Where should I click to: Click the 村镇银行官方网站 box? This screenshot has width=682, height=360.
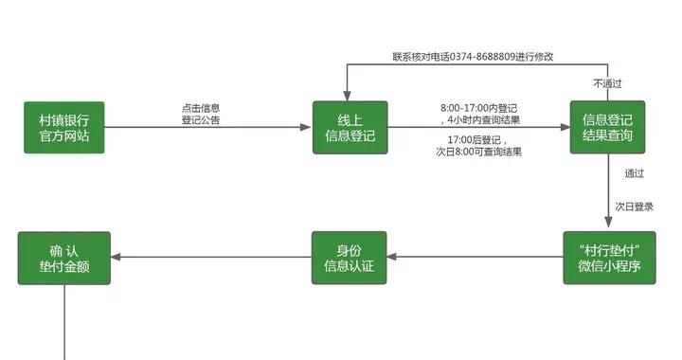click(64, 128)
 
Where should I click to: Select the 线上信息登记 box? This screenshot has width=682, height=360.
click(350, 128)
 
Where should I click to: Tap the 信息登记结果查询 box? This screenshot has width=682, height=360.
click(607, 128)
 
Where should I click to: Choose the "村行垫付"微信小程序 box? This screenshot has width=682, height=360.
click(609, 258)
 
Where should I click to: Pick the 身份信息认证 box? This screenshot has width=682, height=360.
click(350, 258)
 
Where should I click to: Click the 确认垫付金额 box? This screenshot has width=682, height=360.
click(64, 258)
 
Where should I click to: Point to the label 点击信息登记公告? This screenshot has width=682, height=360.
click(201, 115)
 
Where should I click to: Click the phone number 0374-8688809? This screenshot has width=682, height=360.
click(480, 57)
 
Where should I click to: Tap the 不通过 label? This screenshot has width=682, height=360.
click(607, 83)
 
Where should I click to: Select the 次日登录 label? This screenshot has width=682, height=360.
click(634, 206)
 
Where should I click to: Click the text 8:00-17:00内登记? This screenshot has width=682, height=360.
click(479, 108)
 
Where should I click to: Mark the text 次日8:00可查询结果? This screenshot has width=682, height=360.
click(478, 152)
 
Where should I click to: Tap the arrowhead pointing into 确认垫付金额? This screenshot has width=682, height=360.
click(117, 258)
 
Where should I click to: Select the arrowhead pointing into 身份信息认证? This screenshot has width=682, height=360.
click(392, 258)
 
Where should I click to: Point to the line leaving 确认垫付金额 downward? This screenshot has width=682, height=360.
click(64, 322)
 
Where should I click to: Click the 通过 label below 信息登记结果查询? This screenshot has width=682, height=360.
click(634, 173)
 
